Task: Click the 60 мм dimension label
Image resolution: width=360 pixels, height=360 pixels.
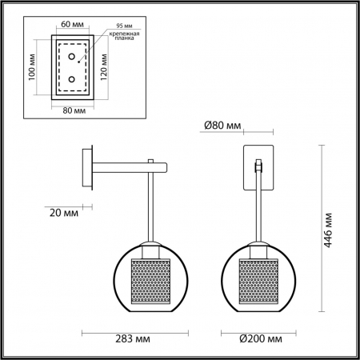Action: (73, 24)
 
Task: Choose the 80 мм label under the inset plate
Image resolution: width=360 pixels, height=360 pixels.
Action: (73, 110)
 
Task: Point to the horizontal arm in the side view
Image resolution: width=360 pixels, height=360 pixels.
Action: (128, 167)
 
